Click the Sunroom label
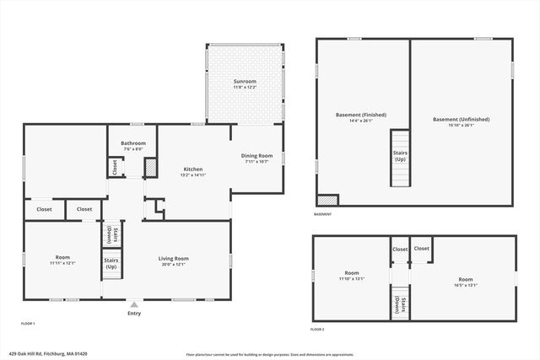click(x=245, y=82)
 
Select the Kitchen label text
click(x=192, y=169)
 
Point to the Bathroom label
click(x=133, y=143)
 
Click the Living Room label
click(x=174, y=258)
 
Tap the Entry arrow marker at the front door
click(x=133, y=304)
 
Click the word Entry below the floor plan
click(x=133, y=314)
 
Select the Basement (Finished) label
click(x=361, y=115)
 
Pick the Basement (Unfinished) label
click(x=461, y=120)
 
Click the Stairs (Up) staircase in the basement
click(x=400, y=159)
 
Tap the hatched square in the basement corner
click(x=327, y=201)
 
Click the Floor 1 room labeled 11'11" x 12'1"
click(x=63, y=258)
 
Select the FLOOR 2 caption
click(x=318, y=329)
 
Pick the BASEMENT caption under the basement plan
click(x=322, y=214)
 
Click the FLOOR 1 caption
click(x=28, y=323)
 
